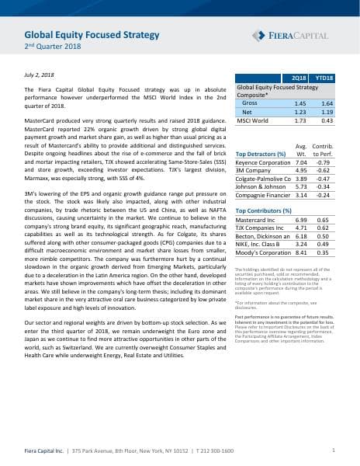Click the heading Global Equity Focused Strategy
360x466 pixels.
(x=92, y=35)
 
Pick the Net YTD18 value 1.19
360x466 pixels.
(x=326, y=112)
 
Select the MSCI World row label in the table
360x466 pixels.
(x=254, y=121)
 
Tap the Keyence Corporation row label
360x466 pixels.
(x=265, y=163)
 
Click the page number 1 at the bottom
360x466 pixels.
(x=332, y=450)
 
